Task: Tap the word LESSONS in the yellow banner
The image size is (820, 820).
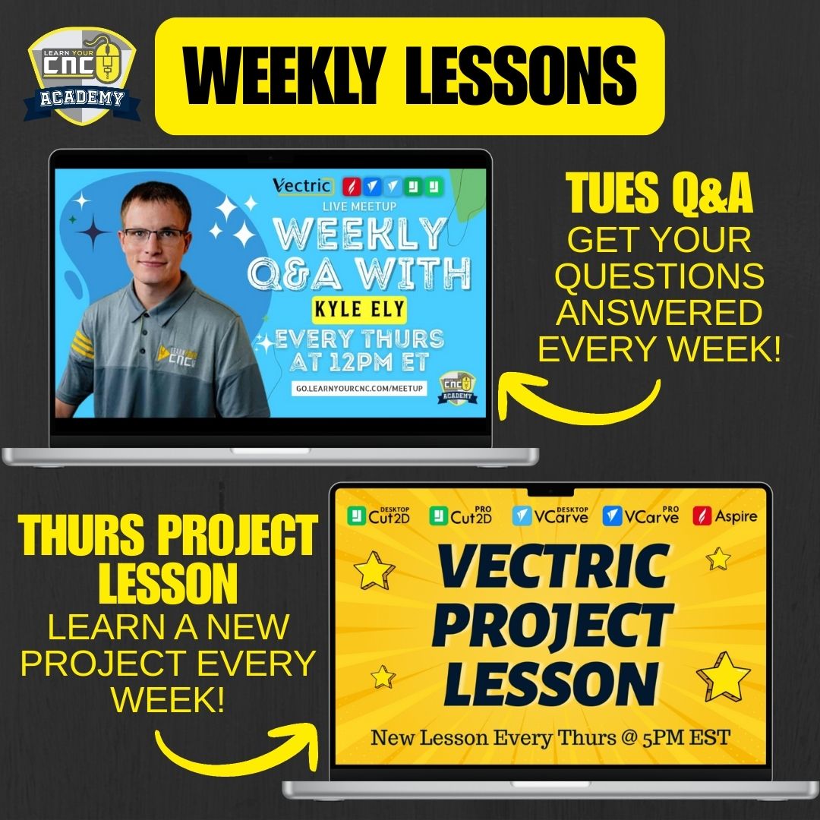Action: click(523, 76)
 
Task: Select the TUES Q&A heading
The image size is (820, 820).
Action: click(658, 194)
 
